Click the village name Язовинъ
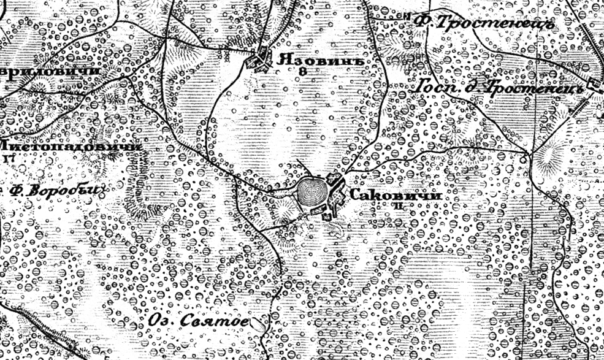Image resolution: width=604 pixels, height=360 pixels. (316, 60)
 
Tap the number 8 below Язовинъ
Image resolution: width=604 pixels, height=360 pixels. (301, 72)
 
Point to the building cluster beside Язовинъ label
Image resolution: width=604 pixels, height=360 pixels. (263, 61)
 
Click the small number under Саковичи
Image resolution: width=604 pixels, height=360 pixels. (399, 207)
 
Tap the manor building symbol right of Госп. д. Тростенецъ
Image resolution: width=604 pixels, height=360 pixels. (594, 86)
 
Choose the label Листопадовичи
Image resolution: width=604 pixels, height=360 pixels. (71, 146)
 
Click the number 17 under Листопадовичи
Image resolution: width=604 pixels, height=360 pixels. (9, 158)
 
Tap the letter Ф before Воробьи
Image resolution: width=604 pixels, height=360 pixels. (18, 190)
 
